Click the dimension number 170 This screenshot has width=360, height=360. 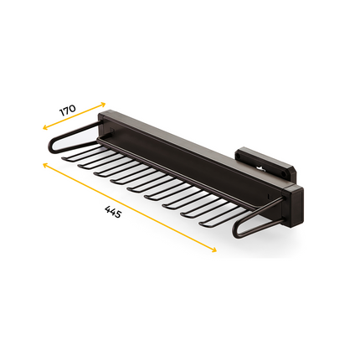click(x=68, y=111)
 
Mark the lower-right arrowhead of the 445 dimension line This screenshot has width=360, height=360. click(x=215, y=252)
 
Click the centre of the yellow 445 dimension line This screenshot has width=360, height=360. click(x=127, y=208)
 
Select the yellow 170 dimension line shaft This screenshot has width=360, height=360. click(x=71, y=119)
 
